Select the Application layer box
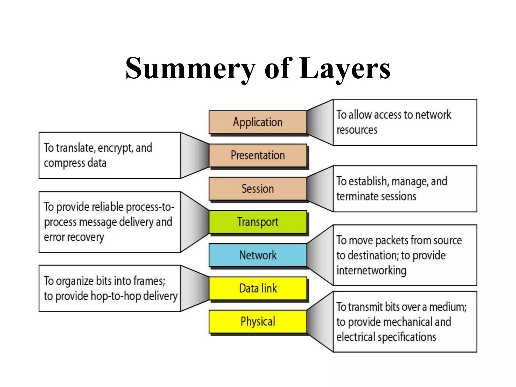tap(257, 122)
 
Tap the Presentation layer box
tap(257, 155)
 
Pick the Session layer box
tap(257, 189)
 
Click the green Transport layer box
tap(257, 222)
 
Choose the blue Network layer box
tap(257, 255)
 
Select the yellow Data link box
tap(257, 288)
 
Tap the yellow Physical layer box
tap(257, 321)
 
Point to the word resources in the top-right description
tap(357, 130)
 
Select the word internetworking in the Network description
tap(371, 271)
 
